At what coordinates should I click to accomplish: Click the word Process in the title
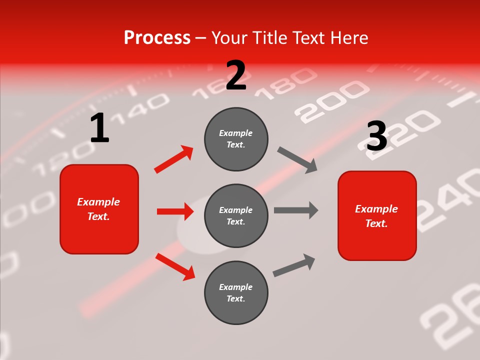157,38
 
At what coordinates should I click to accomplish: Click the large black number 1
99,128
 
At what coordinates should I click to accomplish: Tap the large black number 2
236,75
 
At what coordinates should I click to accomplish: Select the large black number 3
376,136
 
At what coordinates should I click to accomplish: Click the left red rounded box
99,209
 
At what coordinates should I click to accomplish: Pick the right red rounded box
377,215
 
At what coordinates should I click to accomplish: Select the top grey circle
236,139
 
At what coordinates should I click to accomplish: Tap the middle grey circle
236,215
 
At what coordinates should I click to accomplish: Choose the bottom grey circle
236,292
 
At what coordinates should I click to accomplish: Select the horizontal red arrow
175,211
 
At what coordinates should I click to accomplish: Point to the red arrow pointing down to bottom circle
175,266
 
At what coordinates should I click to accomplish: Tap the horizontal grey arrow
296,210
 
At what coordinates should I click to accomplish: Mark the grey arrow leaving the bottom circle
294,265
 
